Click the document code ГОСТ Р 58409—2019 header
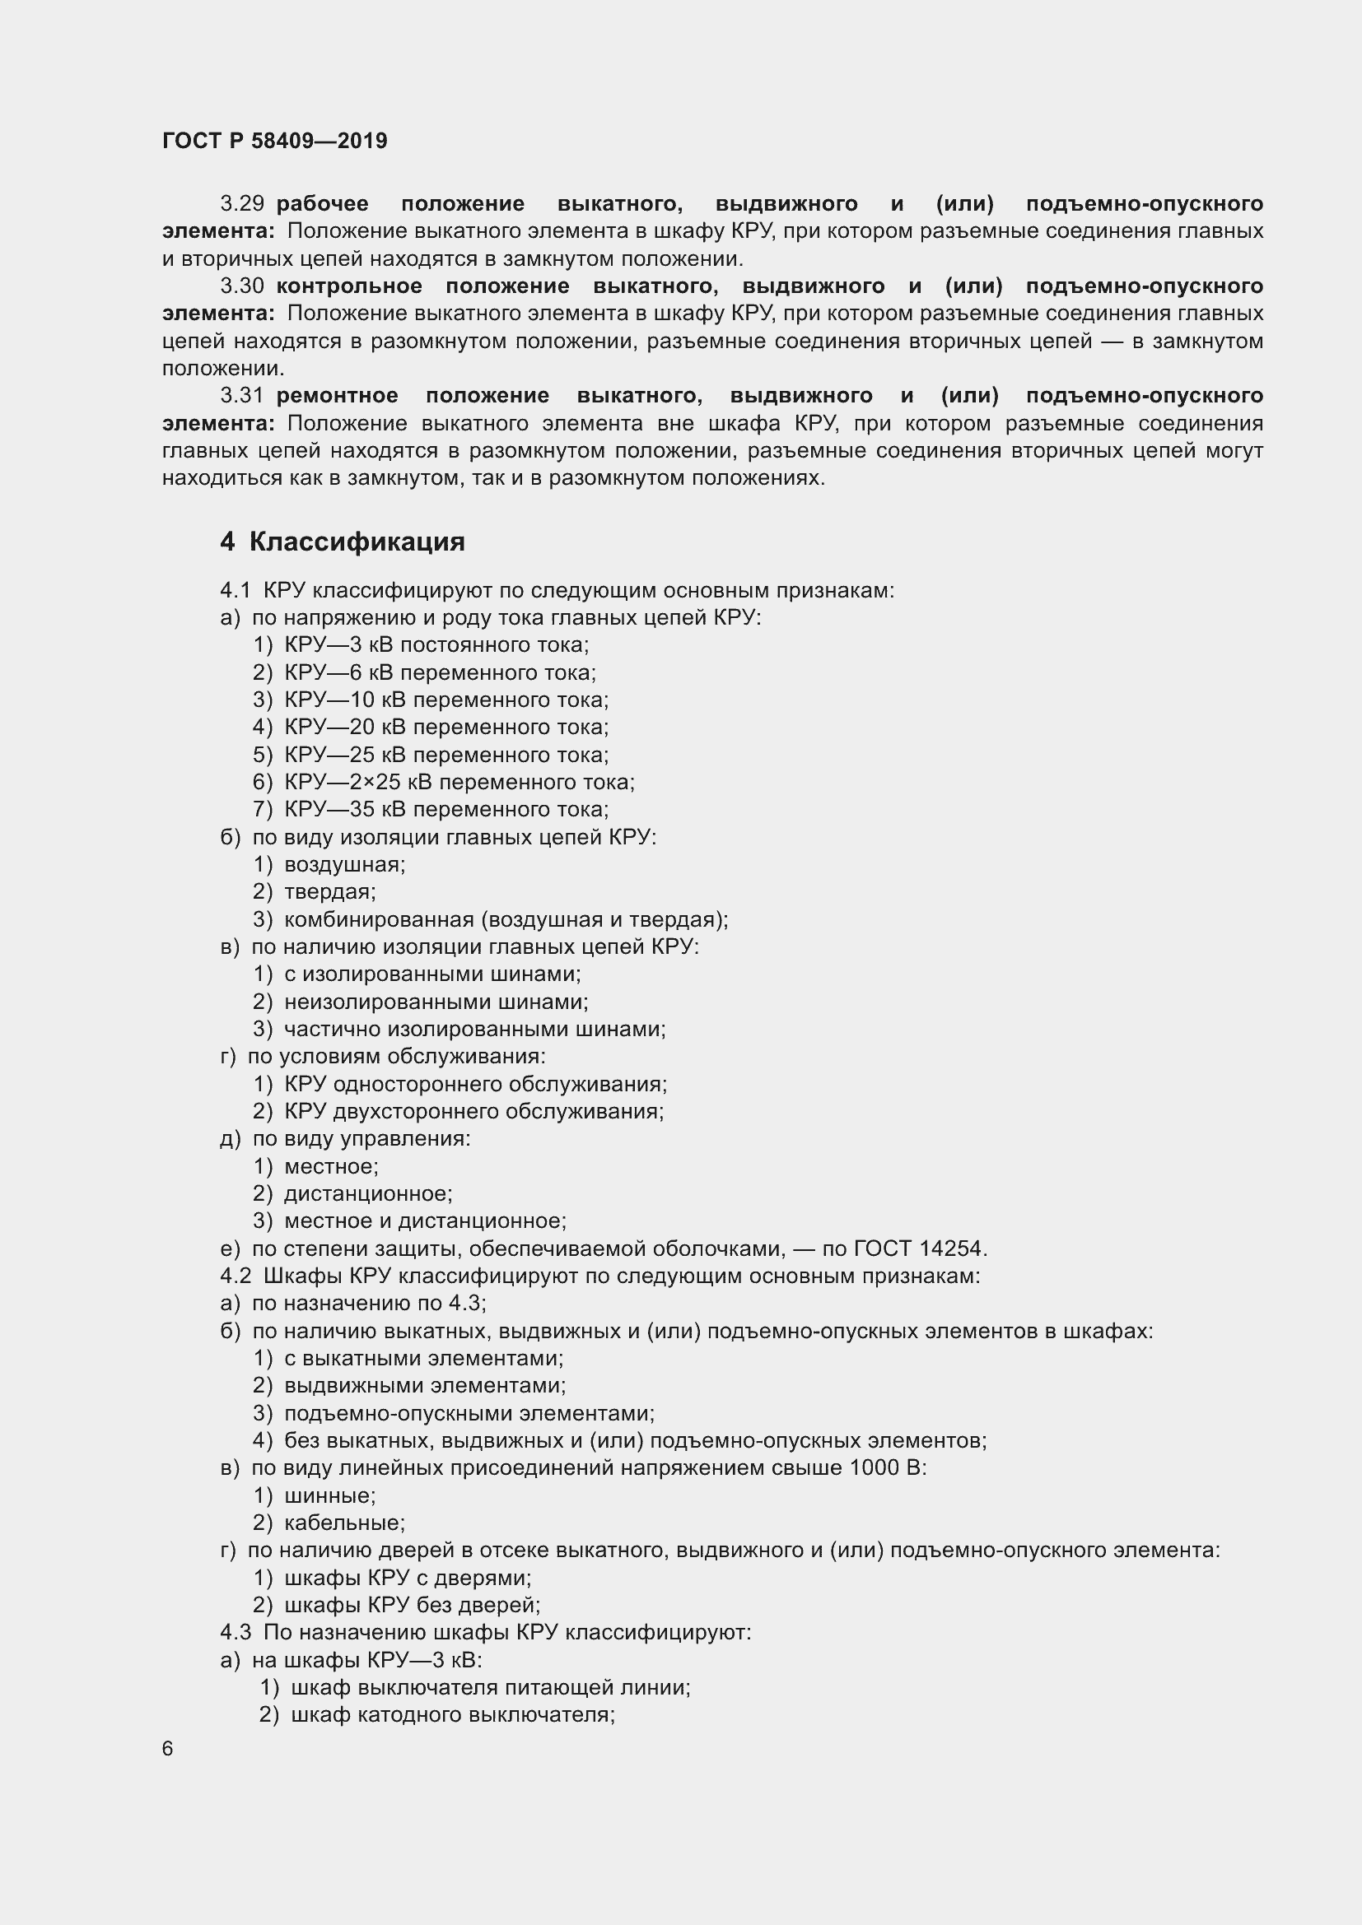pyautogui.click(x=274, y=141)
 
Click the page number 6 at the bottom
pyautogui.click(x=168, y=1749)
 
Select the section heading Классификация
pyautogui.click(x=357, y=542)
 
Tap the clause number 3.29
pyautogui.click(x=241, y=204)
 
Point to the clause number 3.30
pyautogui.click(x=241, y=286)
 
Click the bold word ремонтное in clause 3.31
pyautogui.click(x=336, y=396)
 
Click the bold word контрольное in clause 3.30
pyautogui.click(x=349, y=286)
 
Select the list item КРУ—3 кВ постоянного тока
pyautogui.click(x=436, y=644)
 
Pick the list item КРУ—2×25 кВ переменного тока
pyautogui.click(x=459, y=782)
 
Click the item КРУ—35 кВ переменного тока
pyautogui.click(x=446, y=809)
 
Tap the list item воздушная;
pyautogui.click(x=345, y=864)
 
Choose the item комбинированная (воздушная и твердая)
pyautogui.click(x=506, y=920)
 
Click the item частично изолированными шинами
pyautogui.click(x=473, y=1029)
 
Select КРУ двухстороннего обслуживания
pyautogui.click(x=473, y=1112)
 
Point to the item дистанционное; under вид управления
pyautogui.click(x=368, y=1194)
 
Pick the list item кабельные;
pyautogui.click(x=345, y=1523)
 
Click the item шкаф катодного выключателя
pyautogui.click(x=453, y=1714)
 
